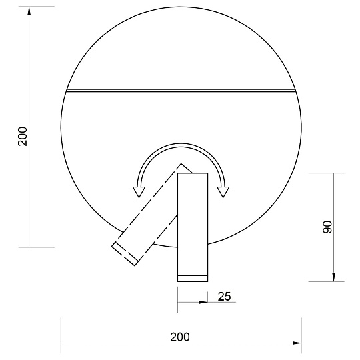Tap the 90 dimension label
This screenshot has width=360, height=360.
tap(327, 226)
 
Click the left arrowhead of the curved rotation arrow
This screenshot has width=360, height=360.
tap(139, 192)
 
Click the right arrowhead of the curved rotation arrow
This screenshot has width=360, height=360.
tap(224, 192)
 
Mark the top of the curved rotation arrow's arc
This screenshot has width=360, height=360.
tap(181, 143)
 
